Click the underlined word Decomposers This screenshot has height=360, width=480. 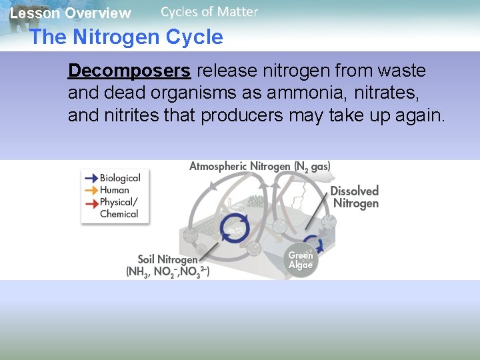pos(129,71)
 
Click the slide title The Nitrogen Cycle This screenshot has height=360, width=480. pos(126,37)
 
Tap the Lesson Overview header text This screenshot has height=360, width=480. pos(70,13)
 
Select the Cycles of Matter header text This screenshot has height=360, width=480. pos(209,11)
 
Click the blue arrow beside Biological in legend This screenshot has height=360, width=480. pos(90,178)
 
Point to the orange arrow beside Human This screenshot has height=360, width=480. pos(90,190)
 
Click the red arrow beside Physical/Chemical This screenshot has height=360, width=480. pos(90,202)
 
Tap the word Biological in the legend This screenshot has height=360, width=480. pos(120,178)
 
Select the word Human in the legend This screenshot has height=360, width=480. pos(115,190)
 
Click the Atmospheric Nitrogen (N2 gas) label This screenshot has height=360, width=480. pos(259,166)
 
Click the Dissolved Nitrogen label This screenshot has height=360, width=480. pos(355,197)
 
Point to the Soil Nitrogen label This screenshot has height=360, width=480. pos(167,259)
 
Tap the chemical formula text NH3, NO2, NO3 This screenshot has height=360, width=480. pos(167,272)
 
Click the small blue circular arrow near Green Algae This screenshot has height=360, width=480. pos(312,243)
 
